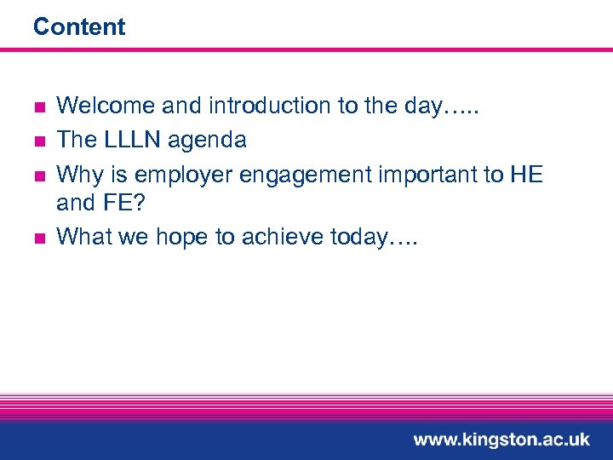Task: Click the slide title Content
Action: pyautogui.click(x=79, y=27)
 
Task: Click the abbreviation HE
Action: pyautogui.click(x=526, y=174)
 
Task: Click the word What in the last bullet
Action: pyautogui.click(x=81, y=236)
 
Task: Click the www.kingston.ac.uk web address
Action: pyautogui.click(x=501, y=440)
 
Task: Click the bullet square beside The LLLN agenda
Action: pyautogui.click(x=38, y=141)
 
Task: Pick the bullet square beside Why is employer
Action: pyautogui.click(x=38, y=175)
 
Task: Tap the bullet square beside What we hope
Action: pyautogui.click(x=38, y=238)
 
